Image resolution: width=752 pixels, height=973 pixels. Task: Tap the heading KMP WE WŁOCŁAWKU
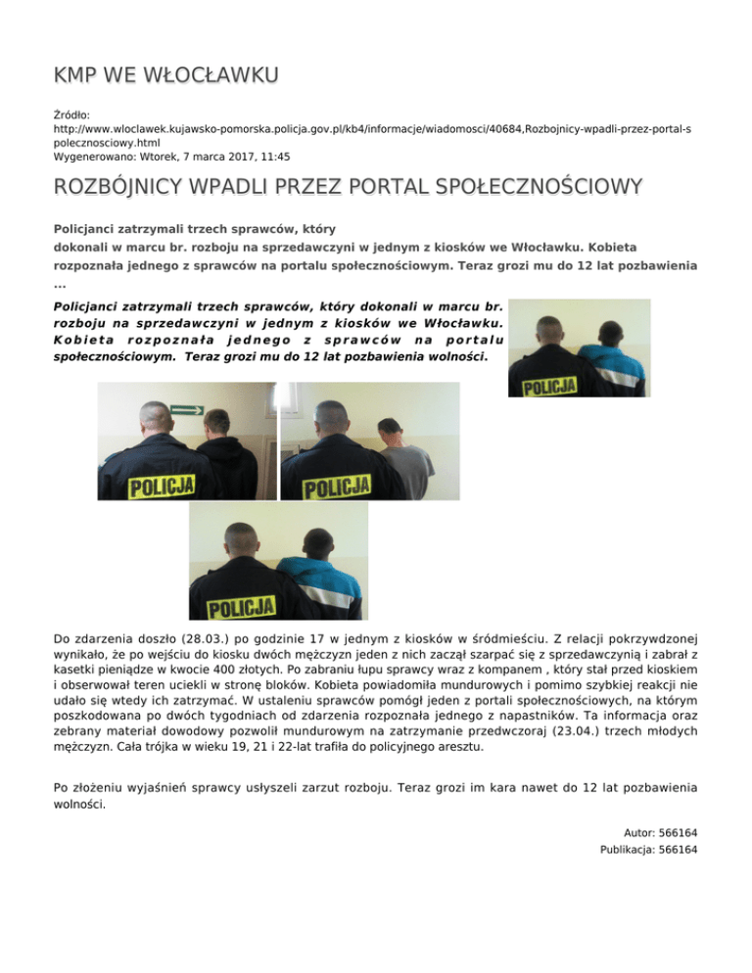(x=165, y=75)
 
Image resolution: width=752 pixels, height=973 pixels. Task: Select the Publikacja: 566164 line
(x=648, y=850)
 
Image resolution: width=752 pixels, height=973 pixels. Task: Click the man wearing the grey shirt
(x=403, y=461)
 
